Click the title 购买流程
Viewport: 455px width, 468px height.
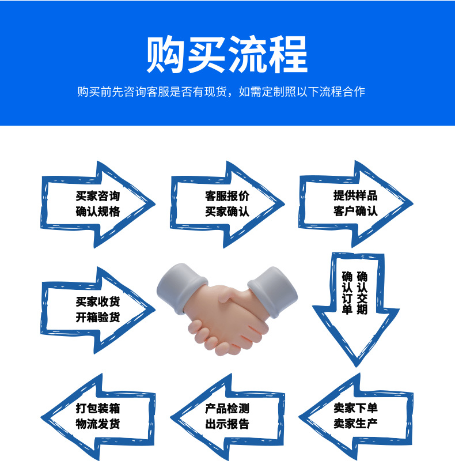click(x=227, y=55)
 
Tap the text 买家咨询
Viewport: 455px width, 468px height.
click(x=98, y=196)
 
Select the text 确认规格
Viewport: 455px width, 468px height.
click(x=98, y=212)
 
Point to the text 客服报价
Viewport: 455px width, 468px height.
click(x=227, y=196)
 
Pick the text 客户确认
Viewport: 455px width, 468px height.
click(x=355, y=211)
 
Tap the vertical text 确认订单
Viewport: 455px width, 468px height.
click(x=347, y=293)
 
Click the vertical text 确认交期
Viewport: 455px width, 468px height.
click(x=362, y=293)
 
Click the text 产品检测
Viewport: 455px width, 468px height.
click(x=227, y=409)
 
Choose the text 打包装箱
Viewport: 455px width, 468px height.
click(x=98, y=409)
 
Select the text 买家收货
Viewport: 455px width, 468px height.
click(x=98, y=301)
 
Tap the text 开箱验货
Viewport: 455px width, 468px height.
click(x=98, y=317)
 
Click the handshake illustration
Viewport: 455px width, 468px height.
click(x=227, y=308)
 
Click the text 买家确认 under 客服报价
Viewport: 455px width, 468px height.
click(x=227, y=212)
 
